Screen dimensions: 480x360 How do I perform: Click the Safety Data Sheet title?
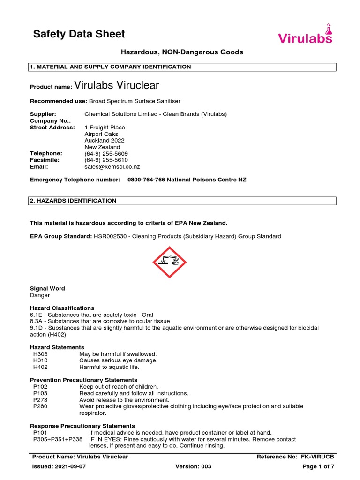pyautogui.click(x=79, y=34)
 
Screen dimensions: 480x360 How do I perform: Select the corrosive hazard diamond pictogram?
pyautogui.click(x=170, y=262)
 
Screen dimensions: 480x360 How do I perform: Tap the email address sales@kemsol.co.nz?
pyautogui.click(x=112, y=166)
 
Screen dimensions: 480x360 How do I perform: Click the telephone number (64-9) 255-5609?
pyautogui.click(x=106, y=153)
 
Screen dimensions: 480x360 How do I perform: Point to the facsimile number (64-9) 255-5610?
pyautogui.click(x=106, y=160)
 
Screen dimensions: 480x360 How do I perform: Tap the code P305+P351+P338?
pyautogui.click(x=58, y=439)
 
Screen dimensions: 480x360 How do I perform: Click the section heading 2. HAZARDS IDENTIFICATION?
pyautogui.click(x=73, y=201)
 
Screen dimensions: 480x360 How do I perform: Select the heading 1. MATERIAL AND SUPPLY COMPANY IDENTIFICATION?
pyautogui.click(x=111, y=67)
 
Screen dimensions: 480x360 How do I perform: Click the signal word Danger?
pyautogui.click(x=40, y=295)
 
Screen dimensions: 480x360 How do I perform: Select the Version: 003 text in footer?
pyautogui.click(x=193, y=467)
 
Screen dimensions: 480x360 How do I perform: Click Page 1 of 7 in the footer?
pyautogui.click(x=318, y=467)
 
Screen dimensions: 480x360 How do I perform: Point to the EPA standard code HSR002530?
pyautogui.click(x=110, y=236)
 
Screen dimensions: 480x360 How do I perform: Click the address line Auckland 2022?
pyautogui.click(x=105, y=141)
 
